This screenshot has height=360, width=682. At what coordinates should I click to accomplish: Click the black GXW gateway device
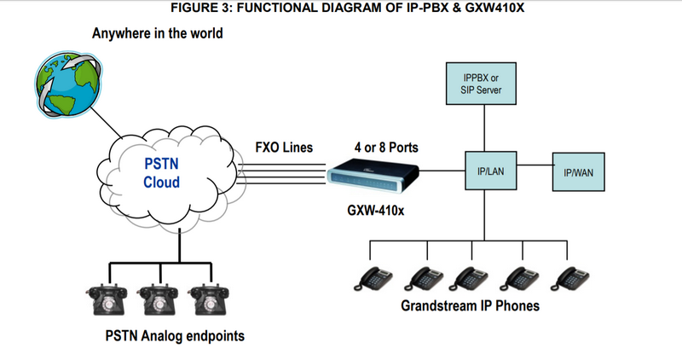376,176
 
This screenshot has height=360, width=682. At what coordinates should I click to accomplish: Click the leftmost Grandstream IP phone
373,278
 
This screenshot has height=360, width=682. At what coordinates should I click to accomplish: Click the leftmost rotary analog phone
105,299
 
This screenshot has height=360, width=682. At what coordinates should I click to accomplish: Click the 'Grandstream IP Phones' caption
470,305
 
